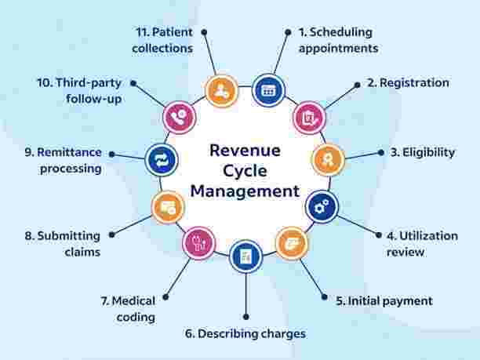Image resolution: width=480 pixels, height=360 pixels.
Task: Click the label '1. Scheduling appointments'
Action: pyautogui.click(x=338, y=40)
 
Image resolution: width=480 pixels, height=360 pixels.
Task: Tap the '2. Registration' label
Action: pyautogui.click(x=409, y=82)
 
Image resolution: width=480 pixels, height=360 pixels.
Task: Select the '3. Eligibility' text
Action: pyautogui.click(x=422, y=152)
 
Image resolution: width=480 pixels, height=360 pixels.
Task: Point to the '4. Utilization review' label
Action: pyautogui.click(x=416, y=243)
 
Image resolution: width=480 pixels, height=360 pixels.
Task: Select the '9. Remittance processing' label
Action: pyautogui.click(x=62, y=161)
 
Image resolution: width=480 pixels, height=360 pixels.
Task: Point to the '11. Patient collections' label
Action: pyautogui.click(x=162, y=40)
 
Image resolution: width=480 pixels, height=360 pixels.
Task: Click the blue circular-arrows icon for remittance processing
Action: pyautogui.click(x=162, y=160)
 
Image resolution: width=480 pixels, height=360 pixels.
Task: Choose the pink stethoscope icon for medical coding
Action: pyautogui.click(x=198, y=242)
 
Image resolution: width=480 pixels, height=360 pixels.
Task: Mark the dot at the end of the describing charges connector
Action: pyautogui.click(x=246, y=316)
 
